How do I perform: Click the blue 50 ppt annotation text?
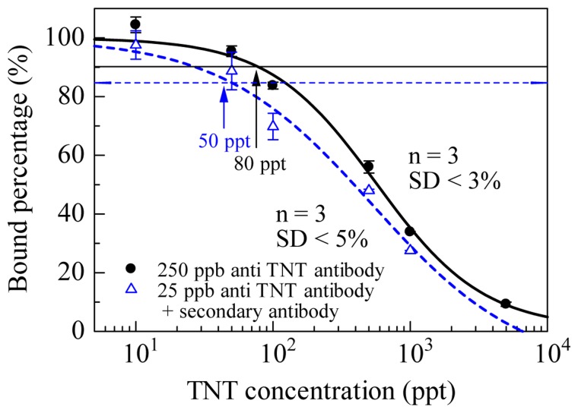(221, 140)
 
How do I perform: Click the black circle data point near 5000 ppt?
(505, 304)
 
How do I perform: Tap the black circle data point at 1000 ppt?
(410, 231)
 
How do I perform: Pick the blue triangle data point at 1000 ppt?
(411, 249)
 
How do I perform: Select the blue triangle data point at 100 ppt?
(273, 126)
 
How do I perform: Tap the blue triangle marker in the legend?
(130, 288)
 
